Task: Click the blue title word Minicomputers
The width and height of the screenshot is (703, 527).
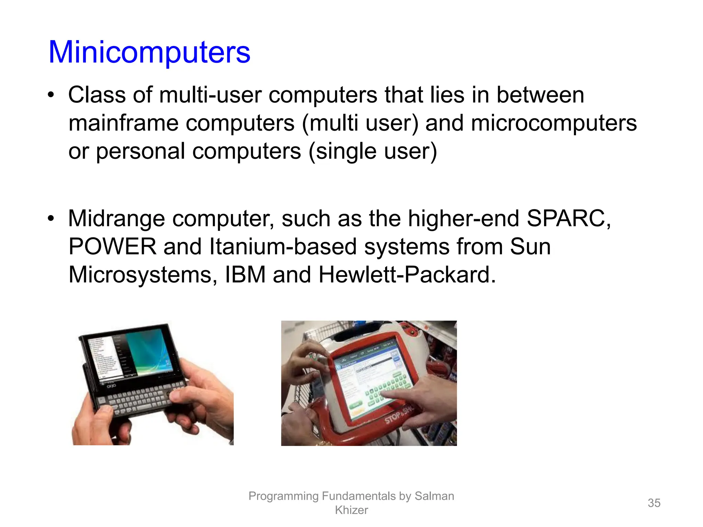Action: click(149, 52)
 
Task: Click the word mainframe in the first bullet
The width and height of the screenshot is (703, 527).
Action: click(123, 123)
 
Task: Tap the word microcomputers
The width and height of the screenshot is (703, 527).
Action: click(554, 123)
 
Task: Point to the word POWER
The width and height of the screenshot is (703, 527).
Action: click(112, 246)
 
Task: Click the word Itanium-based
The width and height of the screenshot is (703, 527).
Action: click(283, 246)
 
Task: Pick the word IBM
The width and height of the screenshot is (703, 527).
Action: click(245, 274)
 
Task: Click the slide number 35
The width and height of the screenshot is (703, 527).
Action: click(654, 503)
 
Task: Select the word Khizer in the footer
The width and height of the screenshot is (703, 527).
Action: click(351, 510)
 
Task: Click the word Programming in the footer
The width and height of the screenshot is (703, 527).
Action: click(284, 496)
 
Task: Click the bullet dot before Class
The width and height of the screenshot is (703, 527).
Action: click(51, 95)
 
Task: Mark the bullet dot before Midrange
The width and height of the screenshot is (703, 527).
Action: click(51, 219)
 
